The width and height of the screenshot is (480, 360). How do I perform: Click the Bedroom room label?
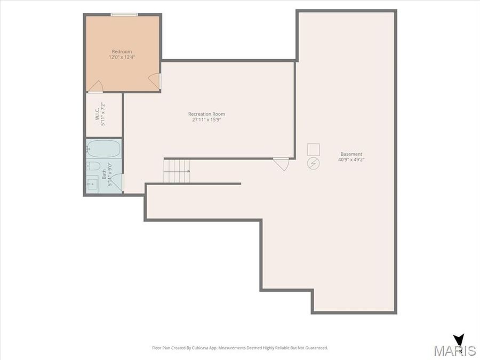tap(121, 51)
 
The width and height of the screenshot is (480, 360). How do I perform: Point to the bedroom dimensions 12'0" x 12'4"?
tap(121, 57)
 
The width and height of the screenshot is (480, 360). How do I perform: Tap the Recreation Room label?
tap(206, 114)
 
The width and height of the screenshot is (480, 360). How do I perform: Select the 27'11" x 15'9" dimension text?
tap(206, 119)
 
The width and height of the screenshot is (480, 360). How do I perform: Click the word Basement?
tap(351, 154)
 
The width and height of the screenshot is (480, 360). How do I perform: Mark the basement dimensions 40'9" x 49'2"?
tap(351, 159)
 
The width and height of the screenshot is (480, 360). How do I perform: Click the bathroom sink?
tap(92, 183)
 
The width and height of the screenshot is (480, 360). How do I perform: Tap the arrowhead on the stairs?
tap(188, 171)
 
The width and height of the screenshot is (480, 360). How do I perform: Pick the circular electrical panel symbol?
tap(313, 164)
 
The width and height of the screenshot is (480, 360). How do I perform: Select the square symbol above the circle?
tap(313, 149)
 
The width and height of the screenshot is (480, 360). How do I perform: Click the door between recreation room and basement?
tap(281, 163)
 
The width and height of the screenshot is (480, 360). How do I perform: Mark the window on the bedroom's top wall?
tap(124, 14)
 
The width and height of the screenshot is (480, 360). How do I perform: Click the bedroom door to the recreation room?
tap(154, 81)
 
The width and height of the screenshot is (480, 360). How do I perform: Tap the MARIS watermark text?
tap(454, 350)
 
